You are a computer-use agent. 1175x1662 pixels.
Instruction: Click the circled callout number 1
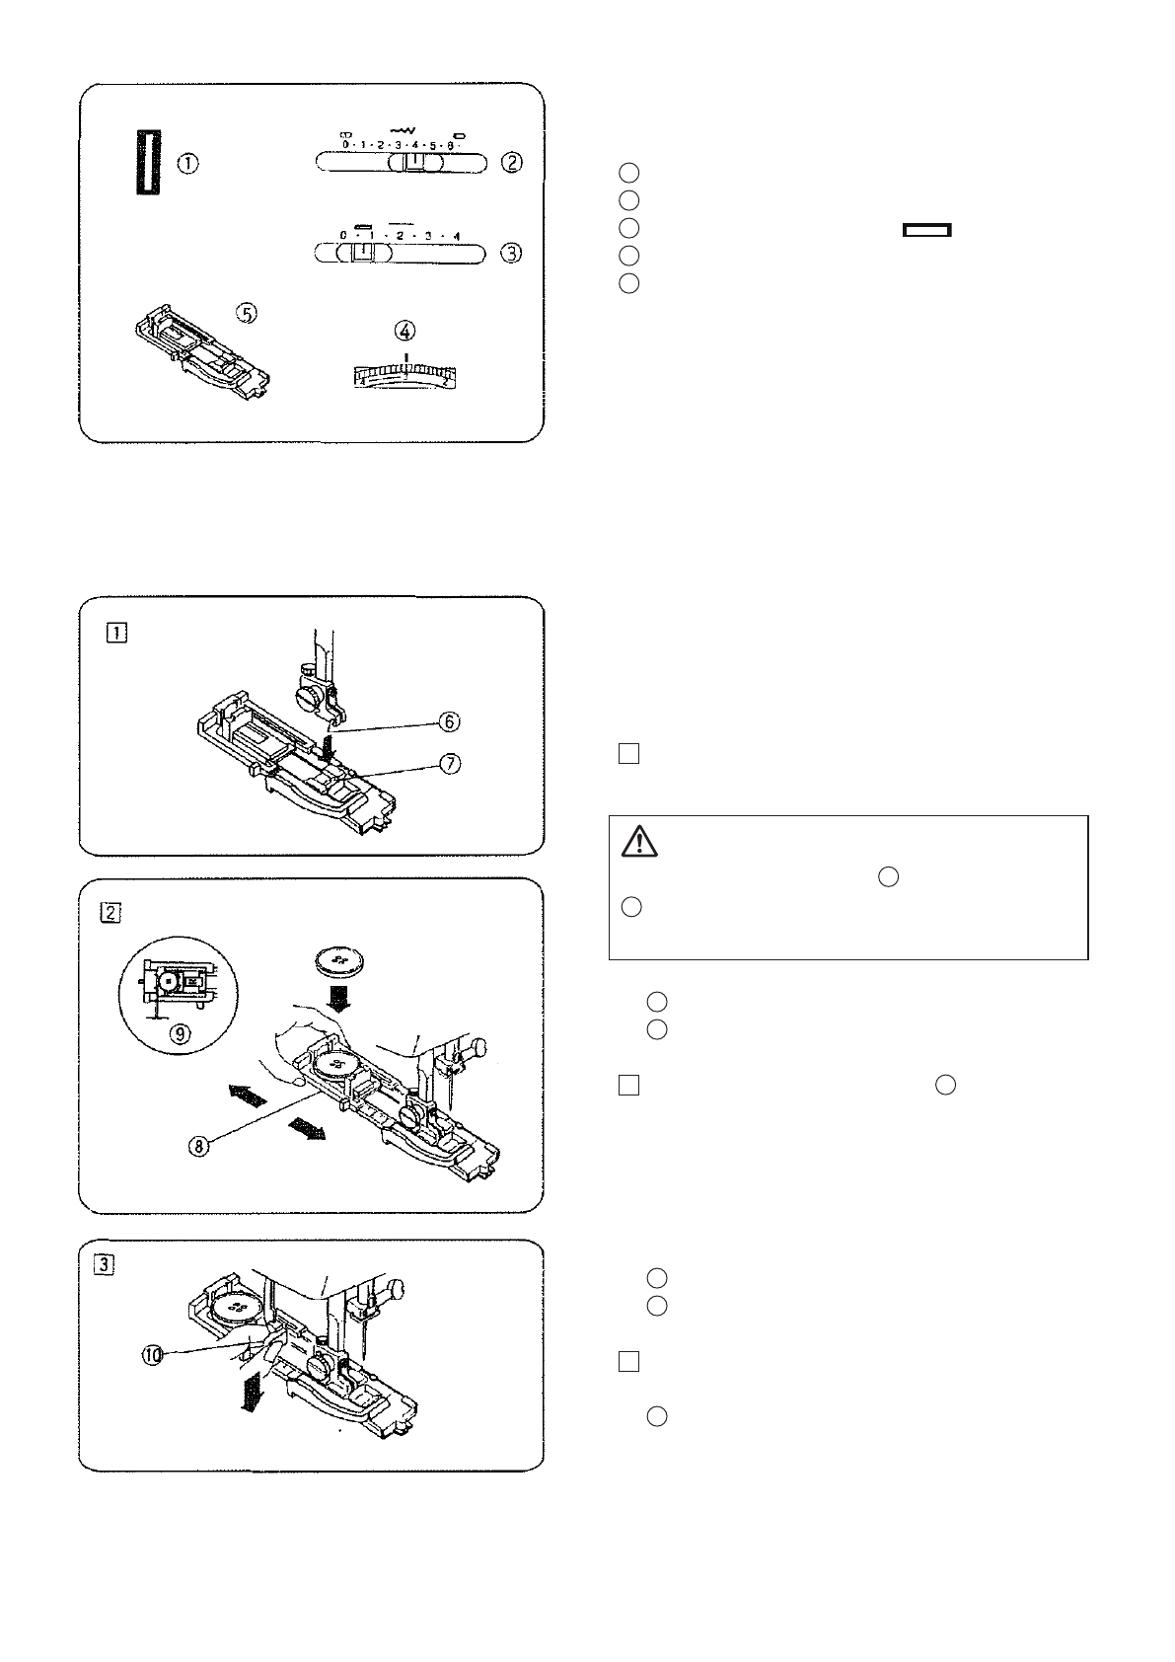click(x=187, y=164)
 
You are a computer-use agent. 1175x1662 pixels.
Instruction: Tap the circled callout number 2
click(x=510, y=163)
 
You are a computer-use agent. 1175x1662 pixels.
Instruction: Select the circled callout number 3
click(x=510, y=253)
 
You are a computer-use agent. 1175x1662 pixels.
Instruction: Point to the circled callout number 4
click(x=405, y=331)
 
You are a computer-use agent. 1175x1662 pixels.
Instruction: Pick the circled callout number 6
click(x=449, y=721)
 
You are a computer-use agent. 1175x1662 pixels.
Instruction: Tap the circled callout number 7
click(x=449, y=764)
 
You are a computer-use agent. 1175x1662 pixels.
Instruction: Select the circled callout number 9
click(x=180, y=1034)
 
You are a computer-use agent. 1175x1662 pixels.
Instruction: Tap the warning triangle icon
click(x=640, y=842)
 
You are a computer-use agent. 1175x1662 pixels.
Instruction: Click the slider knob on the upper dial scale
click(x=414, y=164)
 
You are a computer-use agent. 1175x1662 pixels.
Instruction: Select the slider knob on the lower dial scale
click(x=363, y=254)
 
